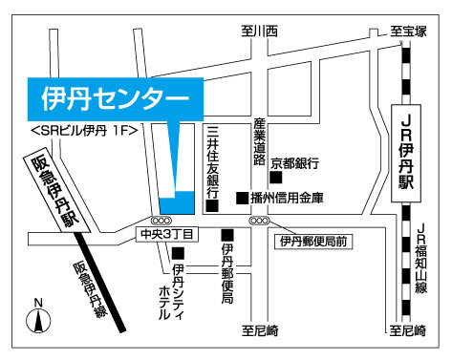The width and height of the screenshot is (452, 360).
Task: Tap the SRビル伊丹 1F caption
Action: (86, 129)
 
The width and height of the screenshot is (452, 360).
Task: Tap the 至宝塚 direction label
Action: (408, 32)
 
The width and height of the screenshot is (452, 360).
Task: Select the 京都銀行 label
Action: (294, 160)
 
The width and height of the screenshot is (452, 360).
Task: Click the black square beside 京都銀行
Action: (275, 176)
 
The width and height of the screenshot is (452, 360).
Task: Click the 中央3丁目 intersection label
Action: (166, 232)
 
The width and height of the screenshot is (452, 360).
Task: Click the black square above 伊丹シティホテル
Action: (178, 253)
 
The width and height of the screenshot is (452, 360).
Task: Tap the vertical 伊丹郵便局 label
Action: (227, 273)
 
